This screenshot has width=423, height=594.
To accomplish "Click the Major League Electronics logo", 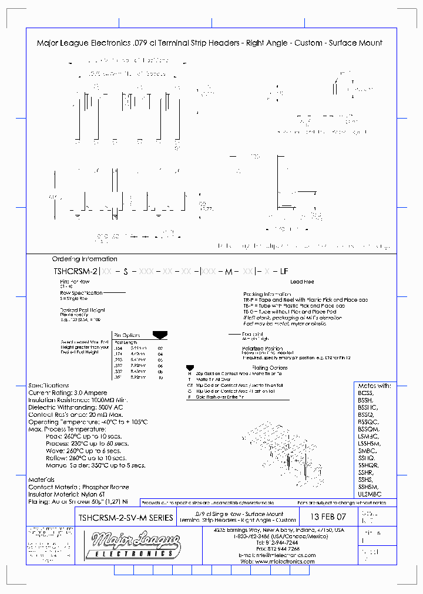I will [130, 545].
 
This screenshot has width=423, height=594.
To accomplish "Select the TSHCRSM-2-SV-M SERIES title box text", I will [125, 518].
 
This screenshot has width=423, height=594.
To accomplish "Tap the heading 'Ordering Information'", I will [85, 259].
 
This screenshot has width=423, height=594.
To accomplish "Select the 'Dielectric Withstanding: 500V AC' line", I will [76, 407].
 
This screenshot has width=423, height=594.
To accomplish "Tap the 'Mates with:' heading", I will [374, 386].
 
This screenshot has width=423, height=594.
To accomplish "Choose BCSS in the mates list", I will [366, 393].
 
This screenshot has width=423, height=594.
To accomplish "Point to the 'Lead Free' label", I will [301, 282].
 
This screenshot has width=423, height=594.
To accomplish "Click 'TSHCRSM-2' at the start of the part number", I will [75, 271].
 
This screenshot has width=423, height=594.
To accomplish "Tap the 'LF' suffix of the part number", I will [284, 271].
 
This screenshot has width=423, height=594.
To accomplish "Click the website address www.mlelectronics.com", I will [285, 561].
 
